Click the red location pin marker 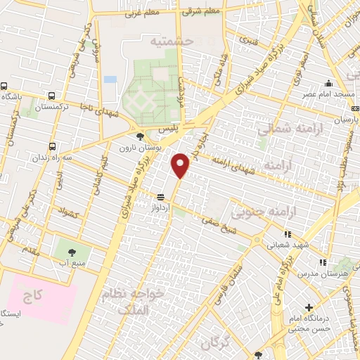(181, 165)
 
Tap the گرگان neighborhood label (215, 343)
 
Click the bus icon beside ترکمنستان (52, 96)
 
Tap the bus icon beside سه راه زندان (53, 146)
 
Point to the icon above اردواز (161, 198)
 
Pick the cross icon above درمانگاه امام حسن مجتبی (309, 307)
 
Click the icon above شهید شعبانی (287, 235)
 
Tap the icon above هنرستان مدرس (323, 262)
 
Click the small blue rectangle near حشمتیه (110, 79)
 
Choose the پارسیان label (340, 120)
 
